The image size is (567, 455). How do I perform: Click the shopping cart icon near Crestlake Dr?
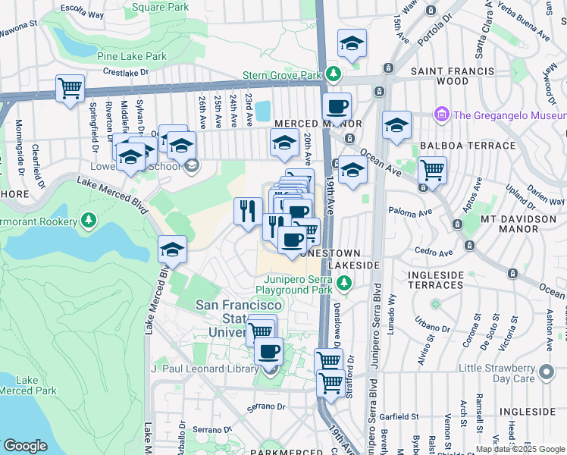click(70, 88)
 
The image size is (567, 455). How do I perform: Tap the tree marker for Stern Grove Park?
click(333, 75)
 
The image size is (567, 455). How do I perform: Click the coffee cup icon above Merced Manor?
click(337, 106)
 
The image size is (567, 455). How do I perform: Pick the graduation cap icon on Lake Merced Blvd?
click(172, 249)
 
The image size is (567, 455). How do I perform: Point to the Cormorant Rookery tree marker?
click(89, 221)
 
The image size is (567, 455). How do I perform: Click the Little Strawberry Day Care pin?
click(546, 373)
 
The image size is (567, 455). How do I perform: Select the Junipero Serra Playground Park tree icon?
click(344, 284)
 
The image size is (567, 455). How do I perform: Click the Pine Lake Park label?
click(132, 56)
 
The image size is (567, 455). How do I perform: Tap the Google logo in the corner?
click(26, 445)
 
